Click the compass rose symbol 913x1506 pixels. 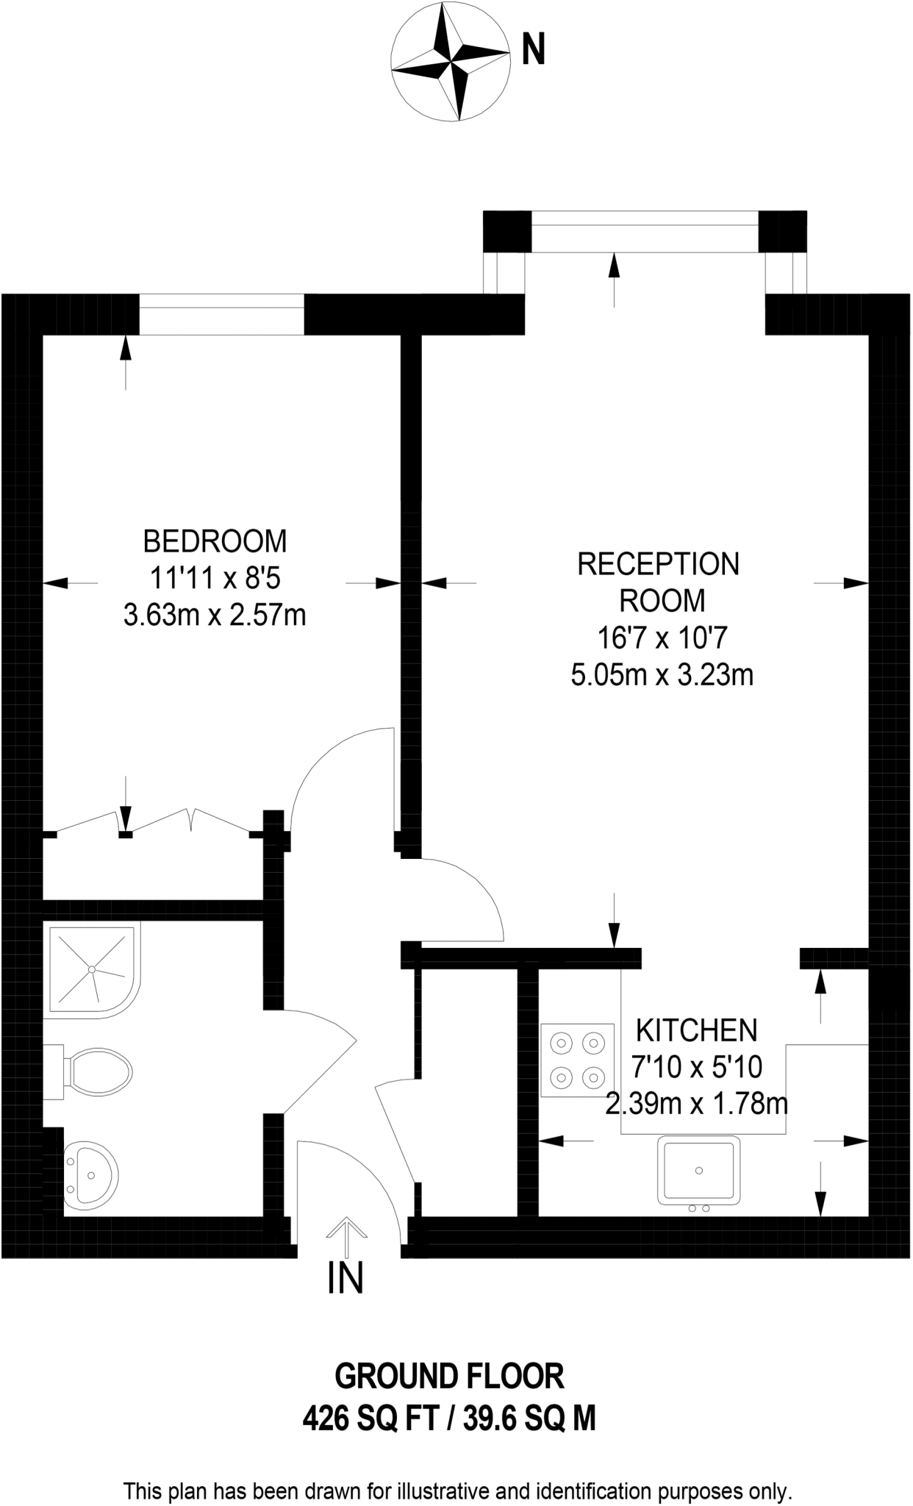(x=450, y=63)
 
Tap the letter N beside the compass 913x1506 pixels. (x=534, y=51)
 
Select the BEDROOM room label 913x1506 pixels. (x=215, y=541)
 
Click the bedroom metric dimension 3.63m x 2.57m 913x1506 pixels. (x=215, y=615)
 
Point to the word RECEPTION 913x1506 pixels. (x=659, y=564)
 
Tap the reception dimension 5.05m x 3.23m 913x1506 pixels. (x=662, y=674)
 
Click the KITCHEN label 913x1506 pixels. (x=697, y=1030)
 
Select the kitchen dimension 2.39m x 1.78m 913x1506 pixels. (x=697, y=1104)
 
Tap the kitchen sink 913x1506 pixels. (x=699, y=1171)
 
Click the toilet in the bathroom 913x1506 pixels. (x=88, y=1074)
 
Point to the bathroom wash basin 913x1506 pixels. (x=90, y=1175)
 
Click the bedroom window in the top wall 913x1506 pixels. (x=221, y=314)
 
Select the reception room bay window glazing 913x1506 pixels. (x=645, y=231)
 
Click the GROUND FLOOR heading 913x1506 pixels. (x=449, y=1375)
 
